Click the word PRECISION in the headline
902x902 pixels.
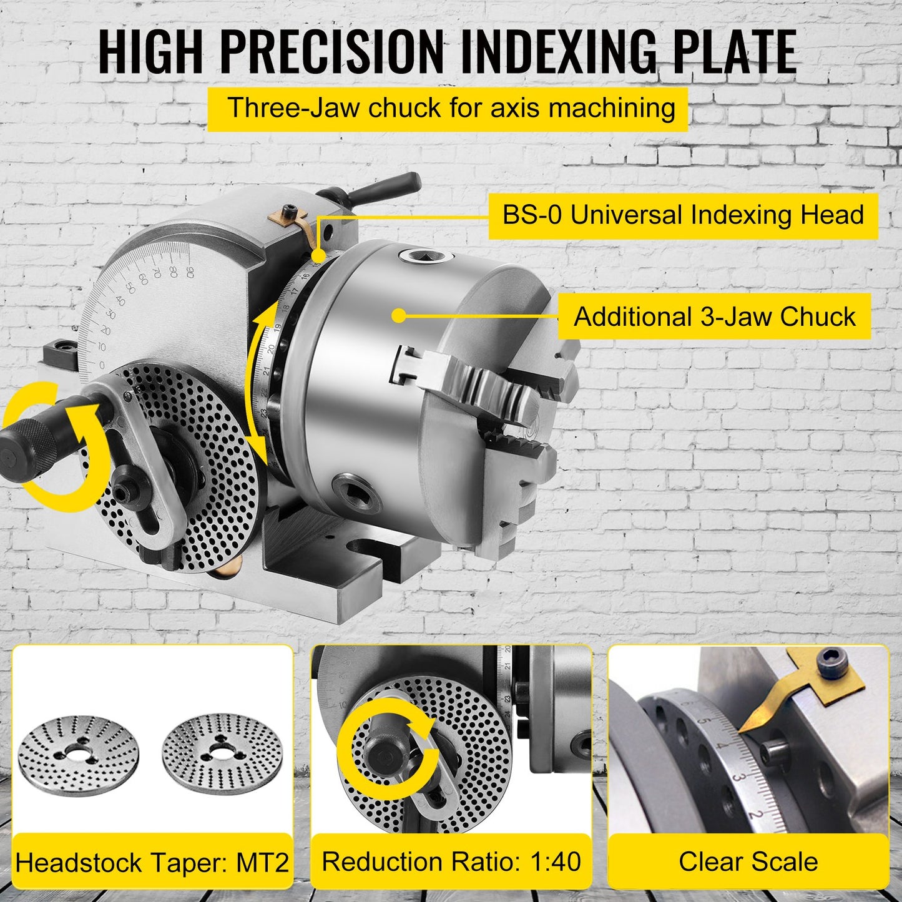tap(331, 51)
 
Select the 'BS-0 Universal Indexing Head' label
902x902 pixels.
tap(683, 215)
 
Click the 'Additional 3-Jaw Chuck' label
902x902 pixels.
tap(714, 316)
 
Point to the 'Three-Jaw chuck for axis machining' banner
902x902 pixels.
tap(447, 109)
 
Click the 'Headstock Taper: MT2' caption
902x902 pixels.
tap(152, 863)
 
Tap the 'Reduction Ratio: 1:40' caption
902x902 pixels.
tap(451, 861)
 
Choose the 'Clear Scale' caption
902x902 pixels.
tap(748, 861)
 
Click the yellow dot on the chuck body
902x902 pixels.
tap(400, 316)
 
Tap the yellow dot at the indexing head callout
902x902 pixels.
tap(318, 255)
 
